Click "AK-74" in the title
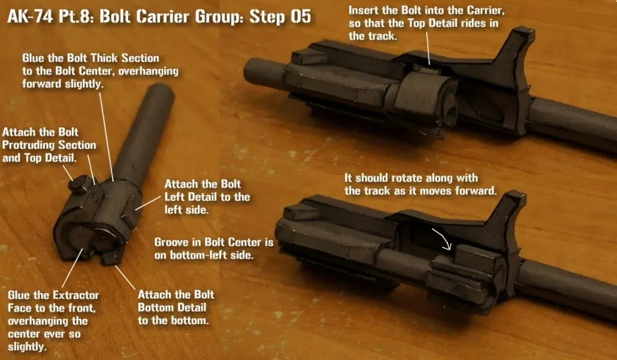tap(30, 17)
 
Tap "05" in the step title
tap(301, 17)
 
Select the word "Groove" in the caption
tap(169, 242)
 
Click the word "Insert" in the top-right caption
tap(362, 10)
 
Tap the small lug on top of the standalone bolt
tap(81, 185)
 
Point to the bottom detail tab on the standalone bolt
tap(111, 258)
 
